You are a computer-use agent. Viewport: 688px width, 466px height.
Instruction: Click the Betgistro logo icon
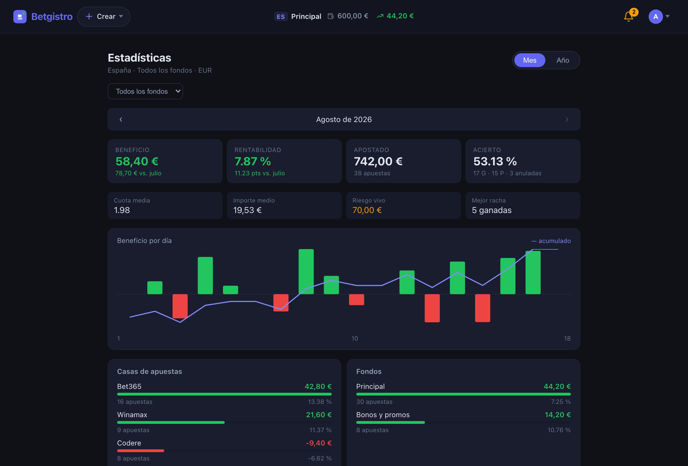coord(20,17)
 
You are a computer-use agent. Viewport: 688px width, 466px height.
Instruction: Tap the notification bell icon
coord(629,16)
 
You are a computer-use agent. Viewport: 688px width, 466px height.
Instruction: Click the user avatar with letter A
coord(656,17)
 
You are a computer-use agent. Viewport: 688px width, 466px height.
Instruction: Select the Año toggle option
coord(563,60)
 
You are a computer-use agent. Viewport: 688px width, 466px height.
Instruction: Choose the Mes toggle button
coord(530,60)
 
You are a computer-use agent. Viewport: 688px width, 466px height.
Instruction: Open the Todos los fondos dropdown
coord(145,91)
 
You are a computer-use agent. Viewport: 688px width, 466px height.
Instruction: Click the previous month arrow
coord(121,119)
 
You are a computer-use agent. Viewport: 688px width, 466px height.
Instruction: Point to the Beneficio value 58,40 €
coord(137,161)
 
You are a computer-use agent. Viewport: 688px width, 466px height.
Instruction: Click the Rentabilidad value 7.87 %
coord(252,161)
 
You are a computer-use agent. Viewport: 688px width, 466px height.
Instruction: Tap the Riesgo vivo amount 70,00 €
coord(367,210)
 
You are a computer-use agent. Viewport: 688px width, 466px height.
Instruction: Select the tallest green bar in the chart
coord(306,272)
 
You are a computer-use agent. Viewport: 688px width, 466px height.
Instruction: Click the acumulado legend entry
coord(551,241)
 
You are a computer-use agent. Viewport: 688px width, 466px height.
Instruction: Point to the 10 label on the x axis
coord(355,338)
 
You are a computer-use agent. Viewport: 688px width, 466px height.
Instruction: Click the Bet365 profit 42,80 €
coord(318,386)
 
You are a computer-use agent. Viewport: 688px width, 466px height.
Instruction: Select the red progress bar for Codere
coord(141,450)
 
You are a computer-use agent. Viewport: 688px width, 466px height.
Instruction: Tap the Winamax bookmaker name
coord(132,414)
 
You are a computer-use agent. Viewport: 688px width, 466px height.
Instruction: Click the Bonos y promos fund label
coord(383,415)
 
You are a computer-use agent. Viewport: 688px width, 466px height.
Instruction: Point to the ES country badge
coord(281,16)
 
